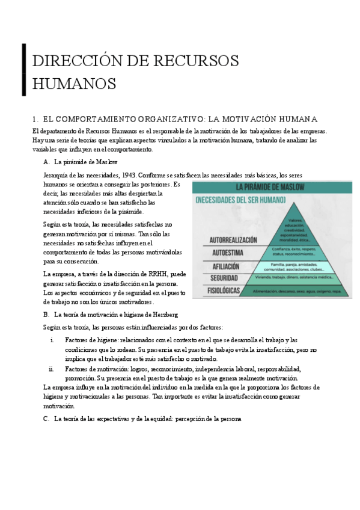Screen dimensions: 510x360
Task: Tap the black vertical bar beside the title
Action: (24, 70)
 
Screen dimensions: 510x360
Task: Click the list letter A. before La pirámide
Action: (46, 162)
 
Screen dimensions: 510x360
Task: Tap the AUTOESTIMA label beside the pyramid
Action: (216, 253)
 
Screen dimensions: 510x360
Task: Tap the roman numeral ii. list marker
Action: (51, 369)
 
